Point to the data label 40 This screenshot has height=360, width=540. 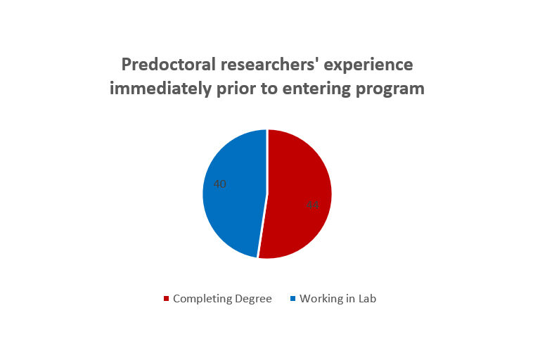pos(219,184)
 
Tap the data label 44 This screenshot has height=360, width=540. pos(312,205)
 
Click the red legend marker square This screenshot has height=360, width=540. pos(166,299)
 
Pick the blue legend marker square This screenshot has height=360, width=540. pos(292,299)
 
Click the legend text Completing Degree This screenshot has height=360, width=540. pos(222,299)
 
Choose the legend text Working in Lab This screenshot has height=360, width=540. pos(337,299)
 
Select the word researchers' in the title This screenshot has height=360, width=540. pos(257,65)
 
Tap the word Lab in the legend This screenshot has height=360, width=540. pos(366,299)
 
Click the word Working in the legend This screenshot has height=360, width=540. pos(321,299)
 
